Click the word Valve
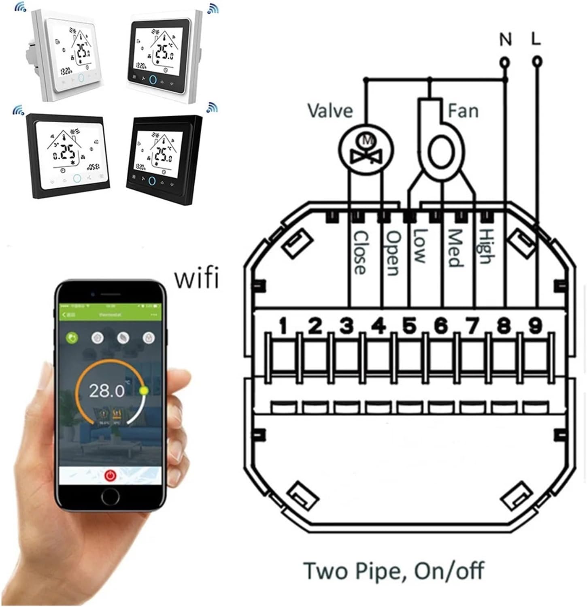coord(330,111)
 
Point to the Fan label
coord(463,110)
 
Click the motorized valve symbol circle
coord(366,148)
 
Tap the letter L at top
coord(535,39)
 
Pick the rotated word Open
coord(392,253)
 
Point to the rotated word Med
coord(455,248)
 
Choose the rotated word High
coord(485,246)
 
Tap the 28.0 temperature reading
coord(106,390)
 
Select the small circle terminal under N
coord(505,62)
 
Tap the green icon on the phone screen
coord(72,338)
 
